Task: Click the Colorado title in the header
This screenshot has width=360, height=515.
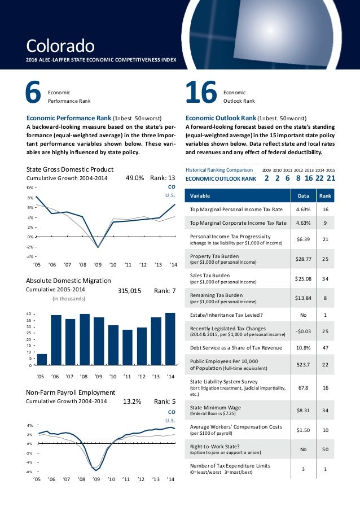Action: point(60,43)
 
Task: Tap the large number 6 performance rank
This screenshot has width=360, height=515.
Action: point(34,94)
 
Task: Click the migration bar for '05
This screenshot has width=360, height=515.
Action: point(42,360)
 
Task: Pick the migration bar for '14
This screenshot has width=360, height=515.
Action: point(170,339)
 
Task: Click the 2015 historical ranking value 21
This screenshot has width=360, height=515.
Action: point(331,178)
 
